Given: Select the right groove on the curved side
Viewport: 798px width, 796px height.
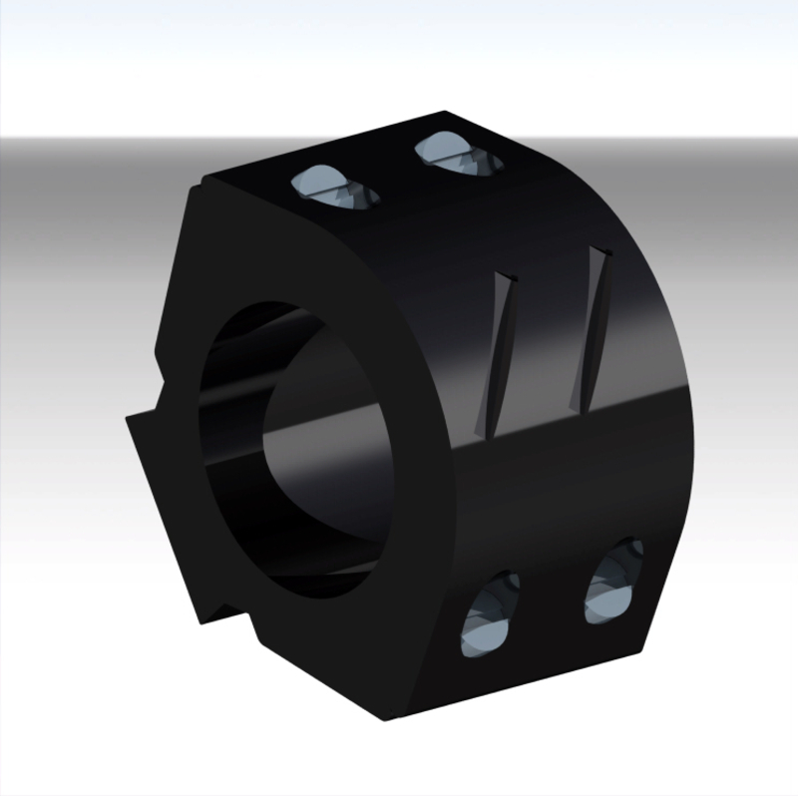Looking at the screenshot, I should click(x=594, y=329).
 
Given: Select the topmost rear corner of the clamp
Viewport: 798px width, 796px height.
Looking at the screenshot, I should click(x=449, y=112).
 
